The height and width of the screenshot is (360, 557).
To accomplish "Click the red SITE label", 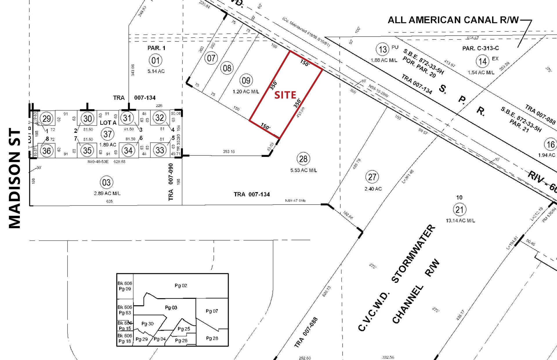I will pos(285,95).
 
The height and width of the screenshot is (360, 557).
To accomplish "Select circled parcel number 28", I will pos(303,159).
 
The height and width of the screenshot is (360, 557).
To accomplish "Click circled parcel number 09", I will pos(246,80).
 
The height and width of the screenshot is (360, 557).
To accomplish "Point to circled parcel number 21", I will pos(460,209).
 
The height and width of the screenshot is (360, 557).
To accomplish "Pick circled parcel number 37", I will pos(108,134).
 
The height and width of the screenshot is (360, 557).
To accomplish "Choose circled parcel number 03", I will pos(106,182).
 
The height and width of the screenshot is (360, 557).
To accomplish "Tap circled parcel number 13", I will pos(383,49).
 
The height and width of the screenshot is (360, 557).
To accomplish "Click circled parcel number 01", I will pos(155,61).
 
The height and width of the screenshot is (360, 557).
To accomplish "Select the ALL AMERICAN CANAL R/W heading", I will pos(453,20).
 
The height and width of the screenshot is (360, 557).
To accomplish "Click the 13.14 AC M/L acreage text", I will pos(460,221).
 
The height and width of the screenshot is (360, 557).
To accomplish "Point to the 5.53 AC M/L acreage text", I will pos(303,170).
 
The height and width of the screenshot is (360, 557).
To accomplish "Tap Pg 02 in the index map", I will pos(181,286).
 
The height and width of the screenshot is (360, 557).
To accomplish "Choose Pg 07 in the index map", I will pos(212,311).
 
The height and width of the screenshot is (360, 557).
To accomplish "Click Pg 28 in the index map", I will pos(212,338).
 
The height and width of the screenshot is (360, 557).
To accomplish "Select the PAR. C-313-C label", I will pos(480,48).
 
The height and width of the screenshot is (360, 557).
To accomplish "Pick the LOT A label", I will pos(108,123).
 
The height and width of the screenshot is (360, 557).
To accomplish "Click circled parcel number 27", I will pos(372,177).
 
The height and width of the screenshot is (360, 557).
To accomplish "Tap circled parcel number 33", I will pos(160,150).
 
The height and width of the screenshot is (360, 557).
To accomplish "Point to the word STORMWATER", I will pos(413,254).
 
